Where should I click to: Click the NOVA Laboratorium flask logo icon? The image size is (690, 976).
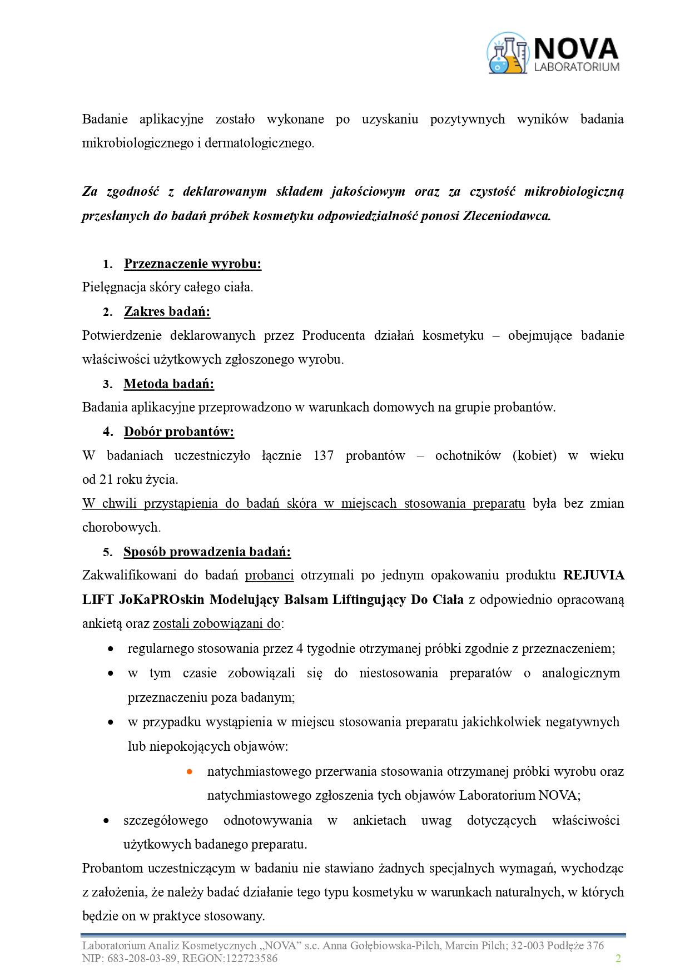(x=507, y=53)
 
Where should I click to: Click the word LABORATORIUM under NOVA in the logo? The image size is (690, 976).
(x=577, y=67)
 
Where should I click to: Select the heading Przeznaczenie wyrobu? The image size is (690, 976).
(x=192, y=264)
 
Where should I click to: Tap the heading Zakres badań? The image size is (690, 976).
(x=167, y=311)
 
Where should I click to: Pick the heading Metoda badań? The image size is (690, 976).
(x=168, y=384)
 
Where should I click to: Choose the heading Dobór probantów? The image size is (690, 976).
(x=178, y=432)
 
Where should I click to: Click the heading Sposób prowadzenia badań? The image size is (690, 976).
(x=207, y=552)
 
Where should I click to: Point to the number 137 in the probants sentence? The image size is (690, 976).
(x=323, y=455)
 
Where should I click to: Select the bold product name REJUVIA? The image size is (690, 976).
(x=593, y=575)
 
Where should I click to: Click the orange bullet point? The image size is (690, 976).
(x=190, y=771)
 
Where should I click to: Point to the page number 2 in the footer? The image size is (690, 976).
(x=618, y=958)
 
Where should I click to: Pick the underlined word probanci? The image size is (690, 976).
(x=269, y=575)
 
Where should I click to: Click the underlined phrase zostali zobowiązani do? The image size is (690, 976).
(x=216, y=623)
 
